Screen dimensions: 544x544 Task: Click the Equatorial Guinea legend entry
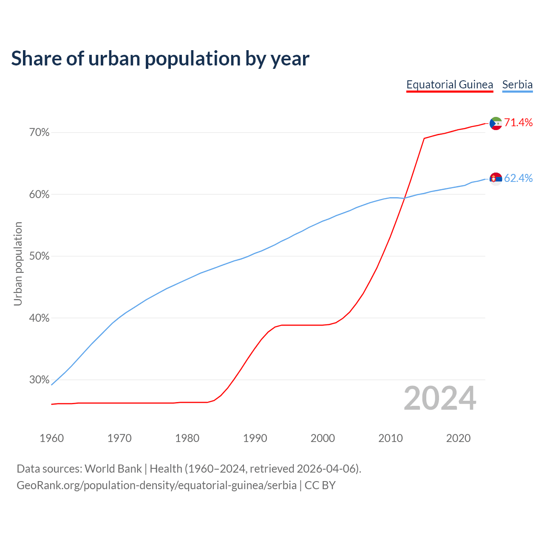450,85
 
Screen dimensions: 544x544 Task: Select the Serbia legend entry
517,85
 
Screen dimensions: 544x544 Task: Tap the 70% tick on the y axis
39,133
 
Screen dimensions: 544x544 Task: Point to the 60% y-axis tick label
39,195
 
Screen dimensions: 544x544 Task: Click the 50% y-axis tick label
39,256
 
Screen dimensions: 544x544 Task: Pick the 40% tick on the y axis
39,318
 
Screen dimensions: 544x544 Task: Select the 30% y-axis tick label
39,380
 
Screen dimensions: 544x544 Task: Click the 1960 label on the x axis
51,438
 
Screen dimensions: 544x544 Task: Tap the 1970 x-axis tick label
119,438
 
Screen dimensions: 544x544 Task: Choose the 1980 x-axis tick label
187,438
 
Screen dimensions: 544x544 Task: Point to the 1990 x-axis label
255,438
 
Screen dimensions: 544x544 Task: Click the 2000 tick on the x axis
323,438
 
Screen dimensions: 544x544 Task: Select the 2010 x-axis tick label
391,438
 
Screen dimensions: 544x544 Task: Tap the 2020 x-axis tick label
458,438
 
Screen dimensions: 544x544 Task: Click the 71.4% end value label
518,123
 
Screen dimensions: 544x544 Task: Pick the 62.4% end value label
518,178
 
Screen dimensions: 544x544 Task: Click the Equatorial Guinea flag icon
496,123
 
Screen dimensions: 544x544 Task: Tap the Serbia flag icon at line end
496,179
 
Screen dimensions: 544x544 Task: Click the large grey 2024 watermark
440,398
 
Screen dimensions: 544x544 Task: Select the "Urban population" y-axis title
18,263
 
